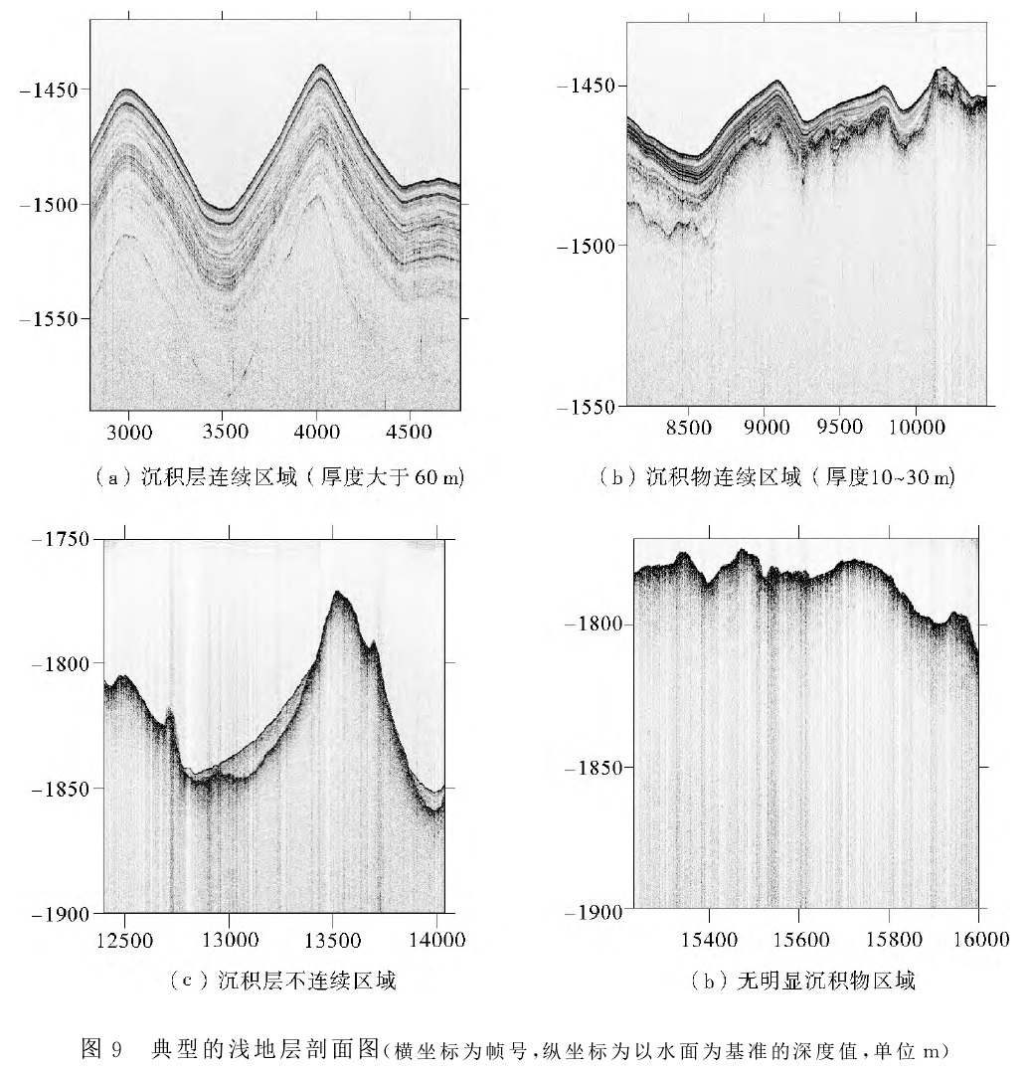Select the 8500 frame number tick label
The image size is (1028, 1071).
click(x=689, y=428)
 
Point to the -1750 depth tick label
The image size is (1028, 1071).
click(x=66, y=539)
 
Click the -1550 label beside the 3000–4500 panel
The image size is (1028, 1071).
click(x=48, y=318)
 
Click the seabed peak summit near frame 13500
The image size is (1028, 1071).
click(x=338, y=593)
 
